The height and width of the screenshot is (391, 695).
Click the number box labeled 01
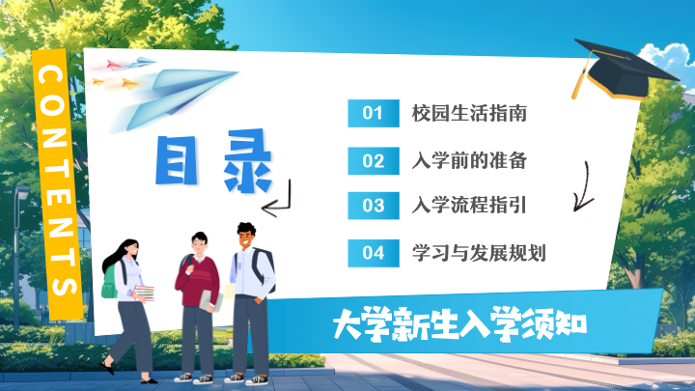coord(374,114)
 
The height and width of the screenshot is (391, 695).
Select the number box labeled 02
coord(374,161)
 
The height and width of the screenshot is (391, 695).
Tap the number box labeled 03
coord(374,206)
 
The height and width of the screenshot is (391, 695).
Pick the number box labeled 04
coord(374,253)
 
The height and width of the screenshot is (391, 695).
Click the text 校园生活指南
coord(469,114)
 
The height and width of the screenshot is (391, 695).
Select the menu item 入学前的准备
coord(469,160)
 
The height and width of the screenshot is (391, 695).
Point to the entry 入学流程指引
coord(469,206)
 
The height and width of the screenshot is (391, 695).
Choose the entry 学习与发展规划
coord(479,253)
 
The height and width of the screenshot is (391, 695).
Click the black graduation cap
coord(623,69)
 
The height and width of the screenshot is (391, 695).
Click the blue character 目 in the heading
coord(176,160)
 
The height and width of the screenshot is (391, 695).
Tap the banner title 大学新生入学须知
coord(459,324)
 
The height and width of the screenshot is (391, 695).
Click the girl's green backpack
coord(109,282)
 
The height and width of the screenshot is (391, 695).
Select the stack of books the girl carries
coord(145,293)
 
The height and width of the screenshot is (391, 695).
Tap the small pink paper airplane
coord(114,66)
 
